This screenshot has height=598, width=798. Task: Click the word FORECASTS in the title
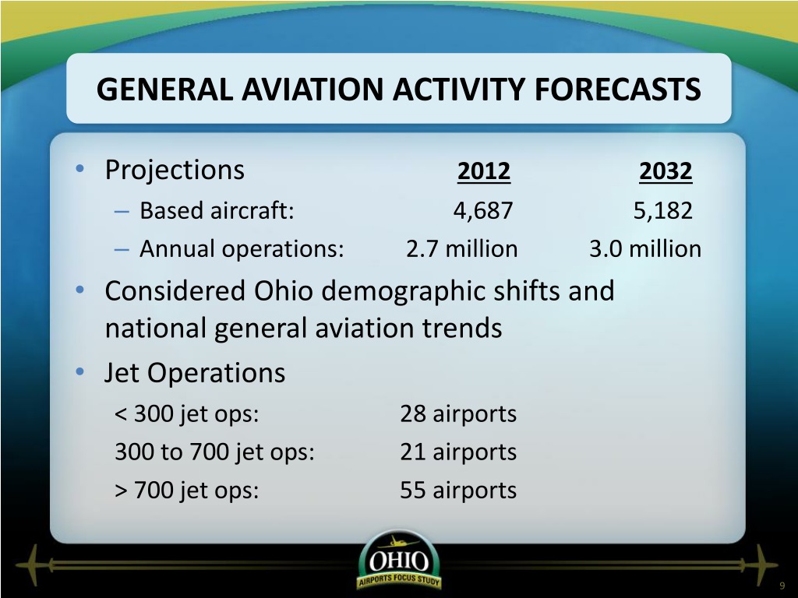pos(617,89)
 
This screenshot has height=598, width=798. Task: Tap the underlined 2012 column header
pos(483,171)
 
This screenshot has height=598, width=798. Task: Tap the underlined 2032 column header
pos(666,171)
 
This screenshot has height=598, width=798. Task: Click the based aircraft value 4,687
pos(483,210)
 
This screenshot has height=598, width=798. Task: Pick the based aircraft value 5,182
pos(662,210)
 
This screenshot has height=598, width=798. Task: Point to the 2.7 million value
pos(461,249)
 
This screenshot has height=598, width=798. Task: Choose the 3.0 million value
pos(645,249)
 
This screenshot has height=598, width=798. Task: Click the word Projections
pos(175,171)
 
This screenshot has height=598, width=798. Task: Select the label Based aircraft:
pos(217,210)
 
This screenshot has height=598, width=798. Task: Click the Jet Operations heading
pos(195,373)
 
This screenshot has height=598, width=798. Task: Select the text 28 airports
pos(458,414)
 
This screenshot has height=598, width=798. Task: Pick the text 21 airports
pos(458,452)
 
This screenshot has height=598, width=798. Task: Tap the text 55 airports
pos(458,491)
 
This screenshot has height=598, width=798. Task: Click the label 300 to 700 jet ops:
pos(215,452)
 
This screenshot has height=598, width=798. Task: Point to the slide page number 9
pos(782,586)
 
